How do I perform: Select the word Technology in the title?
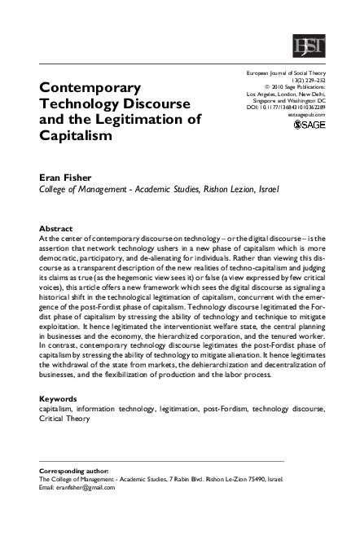pos(81,104)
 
